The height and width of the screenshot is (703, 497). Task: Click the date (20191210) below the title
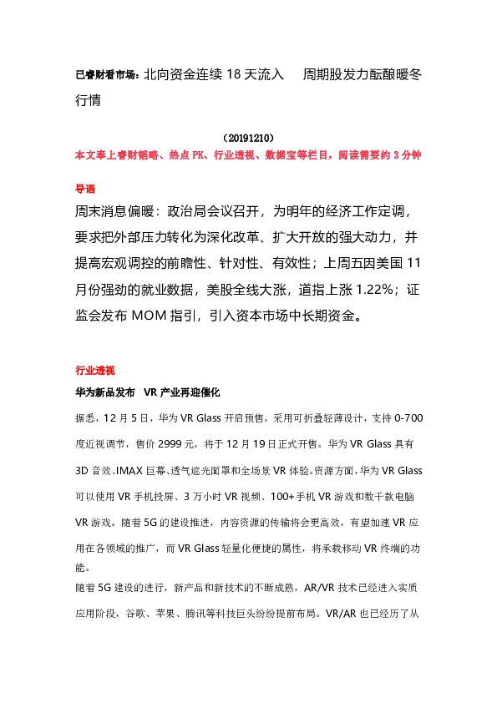click(x=249, y=136)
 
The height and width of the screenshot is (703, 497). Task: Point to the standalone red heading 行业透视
click(x=94, y=369)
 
